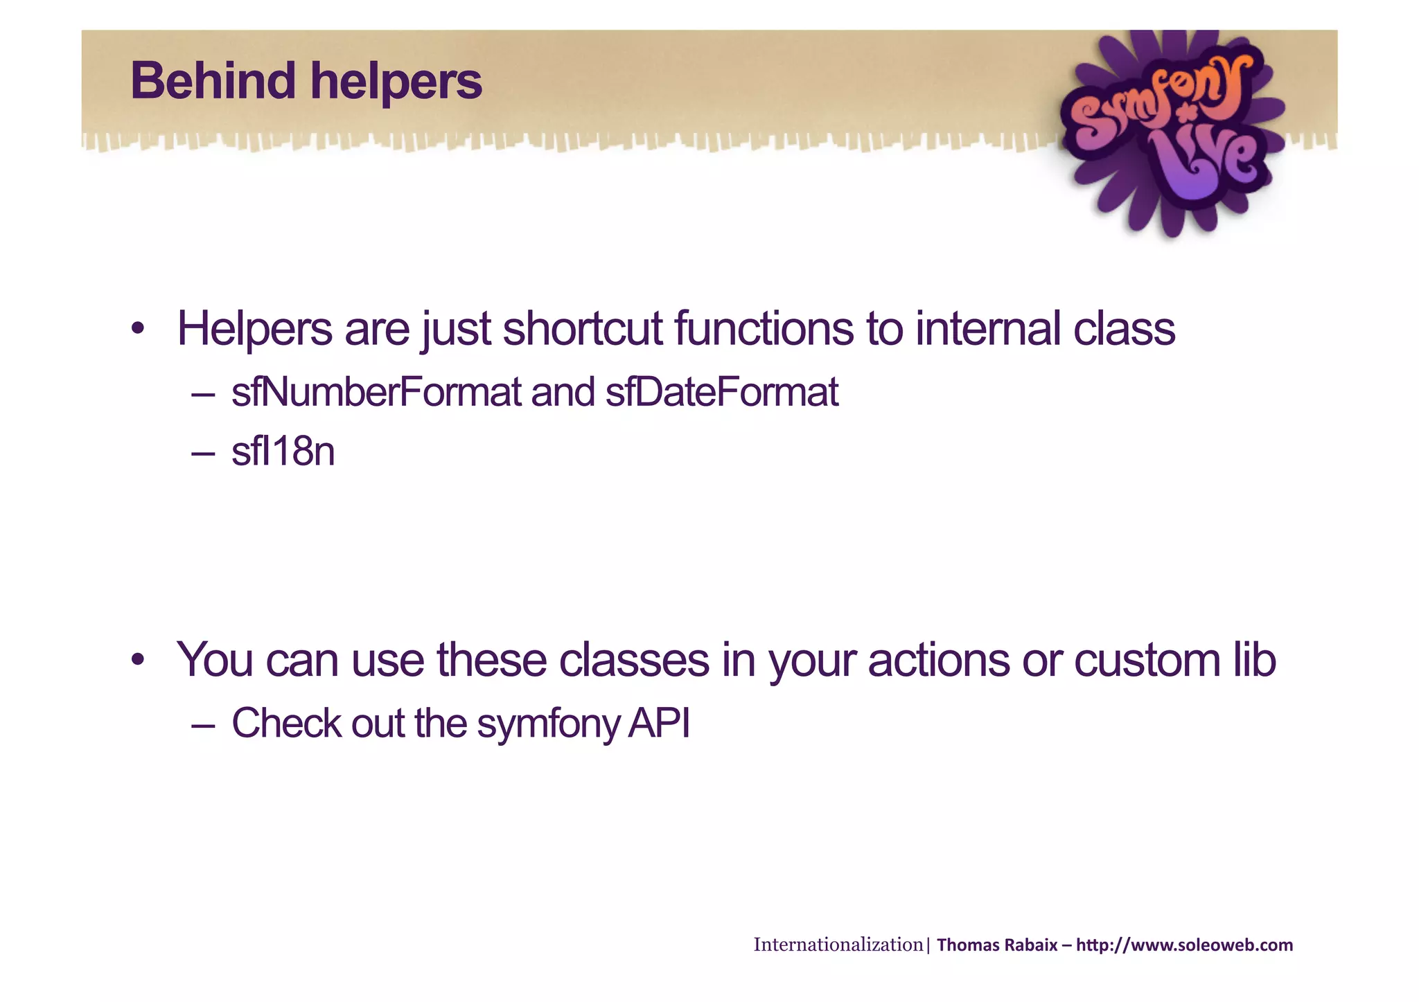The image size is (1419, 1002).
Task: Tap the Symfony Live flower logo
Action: [x=1171, y=132]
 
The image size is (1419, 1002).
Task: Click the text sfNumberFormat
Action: [x=376, y=393]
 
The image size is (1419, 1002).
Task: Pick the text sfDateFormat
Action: [x=721, y=393]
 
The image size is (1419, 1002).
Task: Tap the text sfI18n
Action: [x=283, y=452]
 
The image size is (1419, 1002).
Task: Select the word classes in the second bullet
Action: [x=633, y=660]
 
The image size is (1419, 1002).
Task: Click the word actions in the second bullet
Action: [x=938, y=660]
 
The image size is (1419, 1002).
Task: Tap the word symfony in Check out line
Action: [x=548, y=724]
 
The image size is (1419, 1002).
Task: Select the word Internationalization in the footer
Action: [x=838, y=945]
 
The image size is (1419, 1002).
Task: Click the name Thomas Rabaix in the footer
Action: [x=996, y=945]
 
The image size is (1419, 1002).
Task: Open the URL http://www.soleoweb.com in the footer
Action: [x=1184, y=945]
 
